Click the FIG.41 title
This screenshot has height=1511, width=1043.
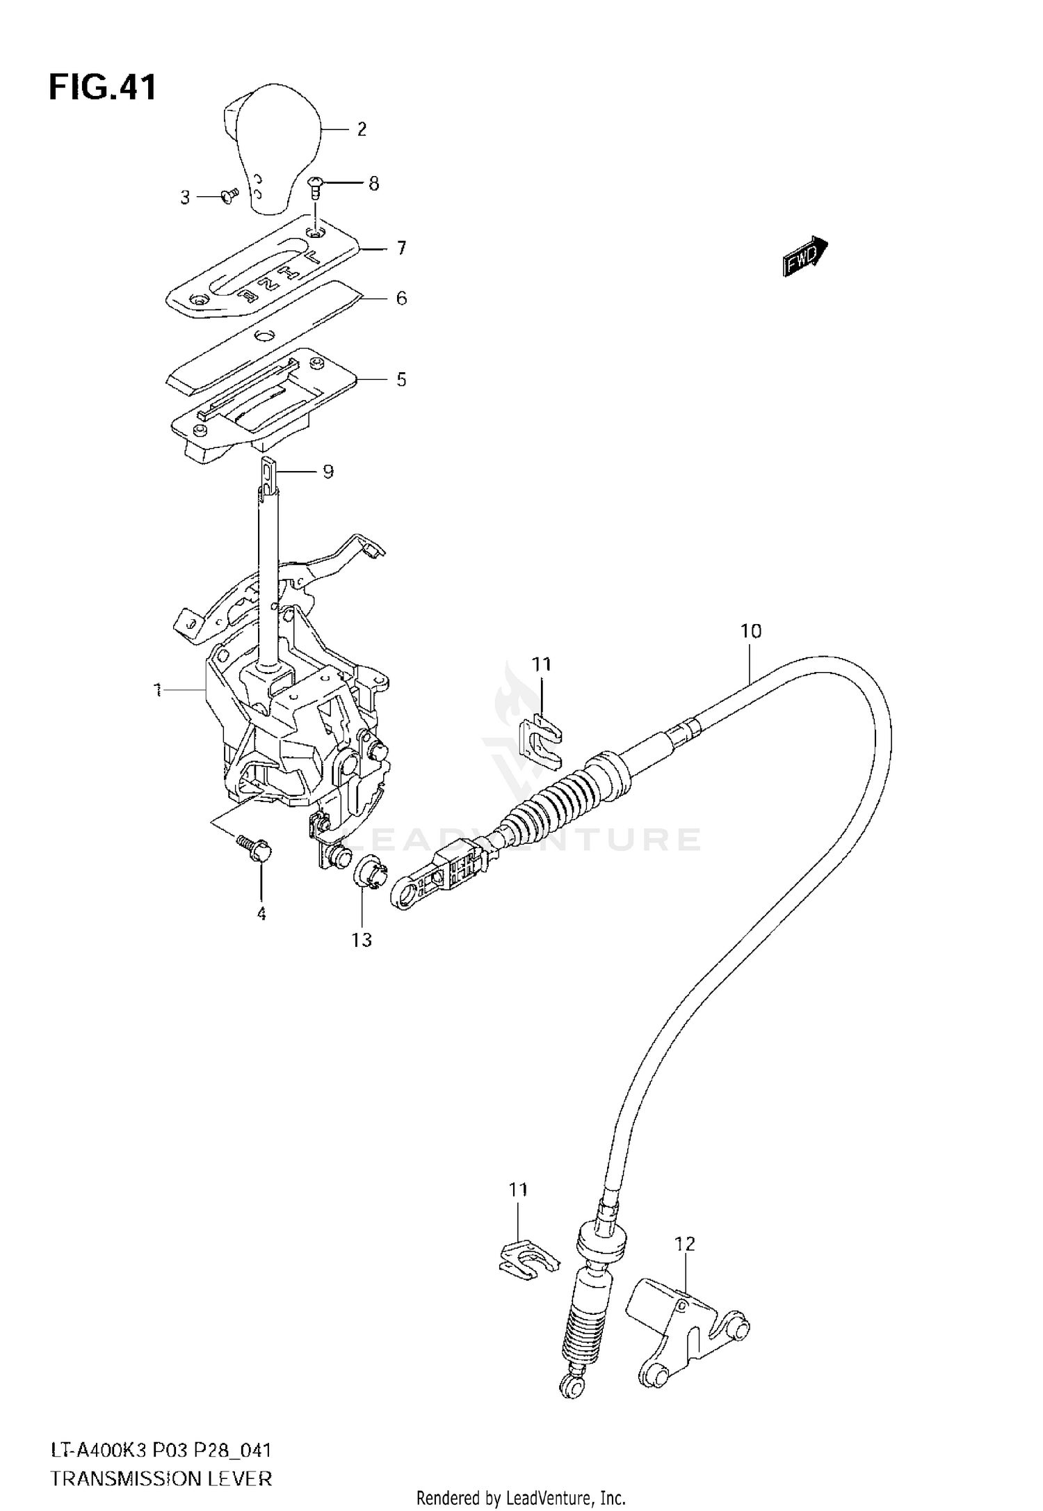point(102,88)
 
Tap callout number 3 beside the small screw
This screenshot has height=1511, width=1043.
point(185,198)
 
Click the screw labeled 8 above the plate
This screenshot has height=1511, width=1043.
point(315,184)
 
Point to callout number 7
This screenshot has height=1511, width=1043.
point(401,248)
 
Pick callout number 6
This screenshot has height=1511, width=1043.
point(401,298)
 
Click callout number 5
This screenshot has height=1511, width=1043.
point(401,380)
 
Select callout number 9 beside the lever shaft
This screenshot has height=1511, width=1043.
point(328,472)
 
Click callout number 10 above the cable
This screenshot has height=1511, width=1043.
point(751,631)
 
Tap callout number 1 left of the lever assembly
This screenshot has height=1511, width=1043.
point(159,690)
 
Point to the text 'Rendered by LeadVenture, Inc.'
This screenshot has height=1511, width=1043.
point(521,1497)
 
